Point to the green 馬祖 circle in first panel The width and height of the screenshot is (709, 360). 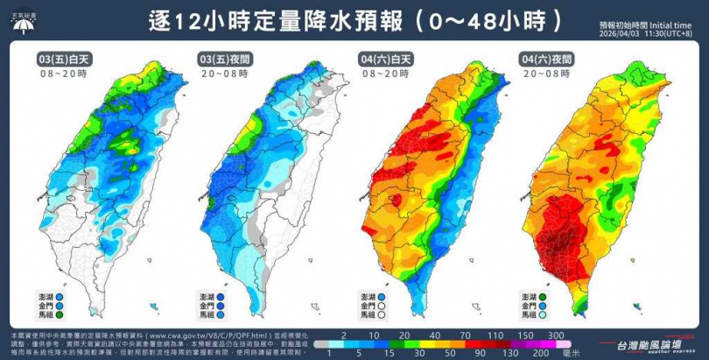pos(72,314)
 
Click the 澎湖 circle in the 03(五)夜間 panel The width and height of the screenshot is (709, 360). pos(235,296)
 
